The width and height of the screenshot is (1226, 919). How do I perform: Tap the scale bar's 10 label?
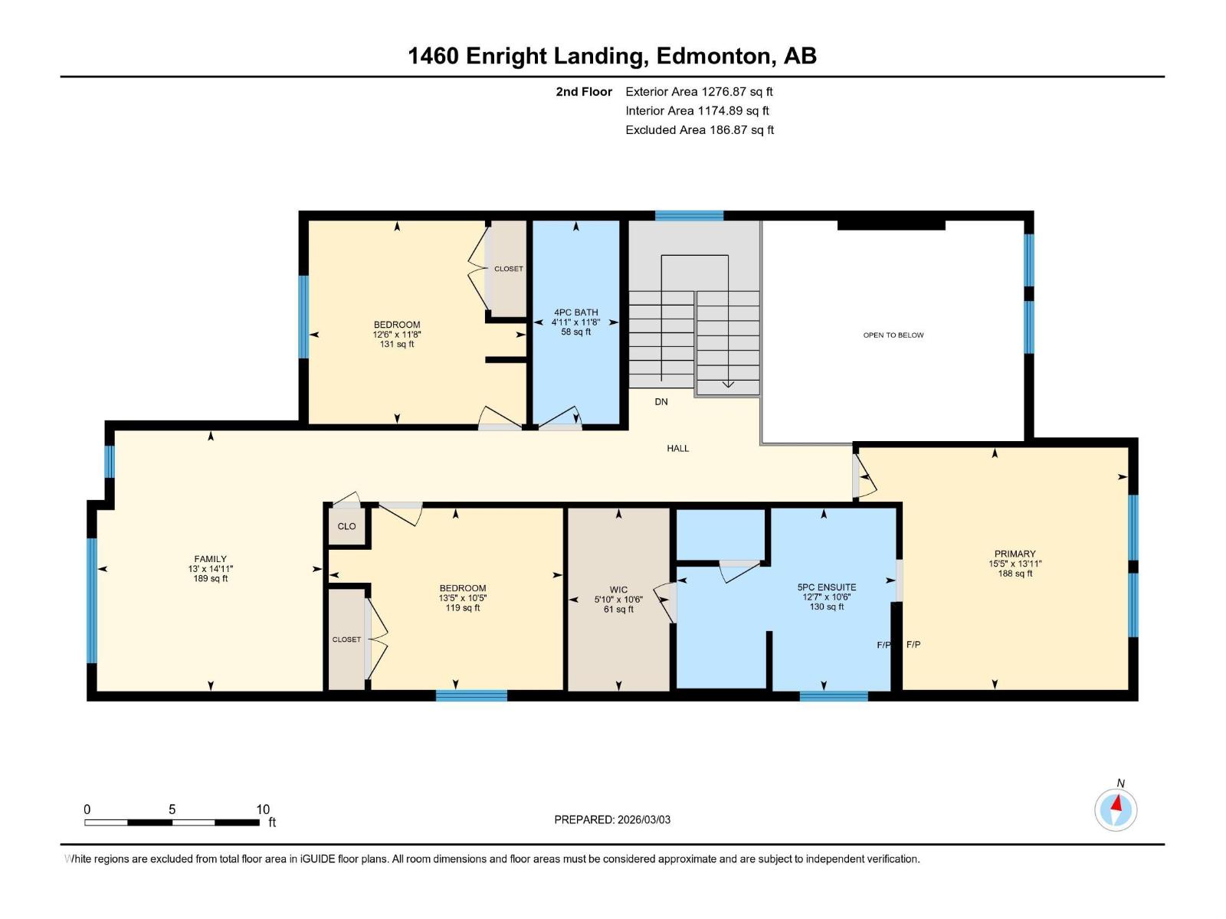(x=263, y=809)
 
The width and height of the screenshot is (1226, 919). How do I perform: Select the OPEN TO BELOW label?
(x=893, y=335)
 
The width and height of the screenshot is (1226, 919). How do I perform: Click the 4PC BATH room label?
(x=575, y=312)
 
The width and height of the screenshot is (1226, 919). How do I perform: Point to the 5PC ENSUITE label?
(x=827, y=587)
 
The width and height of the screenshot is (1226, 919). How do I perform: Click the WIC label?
(x=618, y=590)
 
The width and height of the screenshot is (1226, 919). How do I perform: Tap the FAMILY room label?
(x=210, y=559)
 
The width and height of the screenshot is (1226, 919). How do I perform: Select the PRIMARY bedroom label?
(x=1015, y=554)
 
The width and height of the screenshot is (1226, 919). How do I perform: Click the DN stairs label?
(x=661, y=402)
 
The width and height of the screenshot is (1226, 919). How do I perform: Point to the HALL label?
(x=677, y=448)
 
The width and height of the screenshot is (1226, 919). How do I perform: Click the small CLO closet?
(x=346, y=525)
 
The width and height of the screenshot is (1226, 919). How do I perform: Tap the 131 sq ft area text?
(x=397, y=345)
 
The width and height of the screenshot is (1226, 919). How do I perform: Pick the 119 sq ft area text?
(x=463, y=607)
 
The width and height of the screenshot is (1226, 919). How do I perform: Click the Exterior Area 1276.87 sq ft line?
(x=699, y=91)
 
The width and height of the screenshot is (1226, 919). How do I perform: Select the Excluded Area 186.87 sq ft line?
(x=700, y=130)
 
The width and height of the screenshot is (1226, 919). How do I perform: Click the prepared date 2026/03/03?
(x=644, y=819)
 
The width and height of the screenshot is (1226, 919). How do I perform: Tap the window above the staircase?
(x=689, y=215)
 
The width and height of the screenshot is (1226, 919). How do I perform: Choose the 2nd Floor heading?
(x=584, y=91)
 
